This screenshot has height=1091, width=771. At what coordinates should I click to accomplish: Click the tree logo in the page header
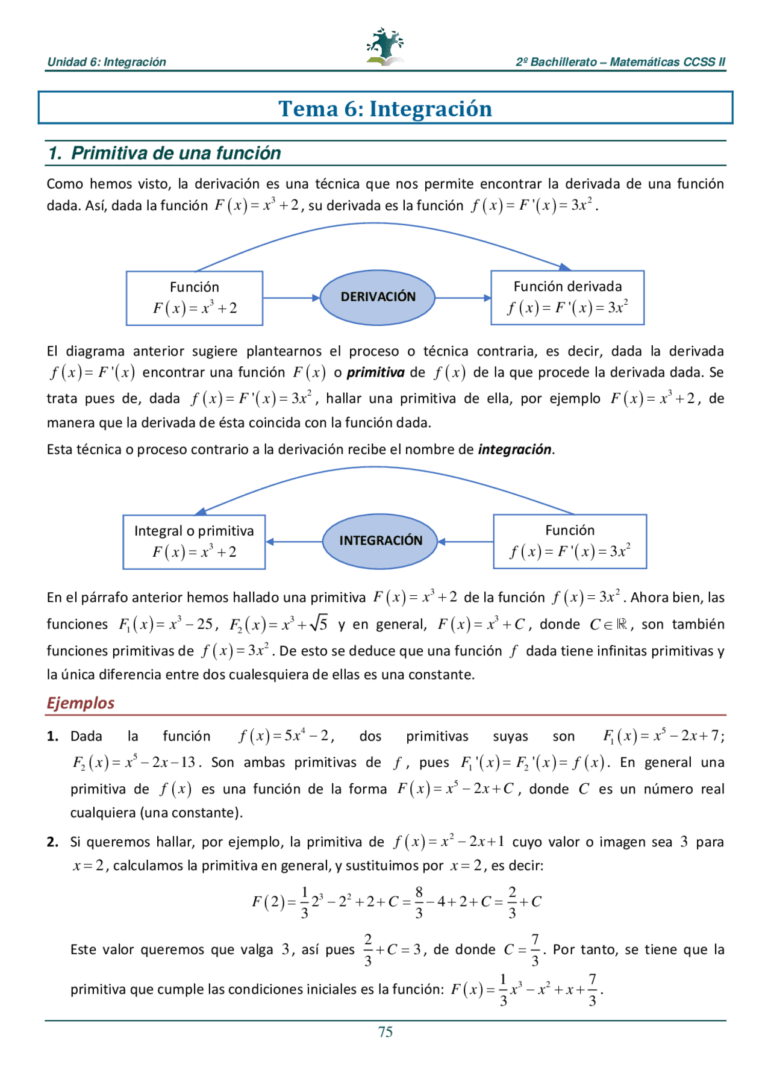coord(385,47)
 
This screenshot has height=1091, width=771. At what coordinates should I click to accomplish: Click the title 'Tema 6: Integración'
coord(385,109)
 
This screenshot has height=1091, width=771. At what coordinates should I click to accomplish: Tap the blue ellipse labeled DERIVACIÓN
coord(378,297)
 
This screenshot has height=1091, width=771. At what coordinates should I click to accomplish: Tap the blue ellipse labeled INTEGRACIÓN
coord(381,541)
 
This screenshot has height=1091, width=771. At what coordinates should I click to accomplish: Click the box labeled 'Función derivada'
coord(567,298)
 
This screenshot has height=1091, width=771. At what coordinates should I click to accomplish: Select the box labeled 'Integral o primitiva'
coord(194,542)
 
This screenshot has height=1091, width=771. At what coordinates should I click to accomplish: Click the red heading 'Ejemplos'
coord(81,703)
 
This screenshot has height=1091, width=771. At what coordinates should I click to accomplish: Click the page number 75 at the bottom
coord(385,1032)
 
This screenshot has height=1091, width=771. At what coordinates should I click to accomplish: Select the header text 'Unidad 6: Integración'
coord(107,62)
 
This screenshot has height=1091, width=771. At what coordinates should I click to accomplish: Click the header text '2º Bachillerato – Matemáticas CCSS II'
coord(620,62)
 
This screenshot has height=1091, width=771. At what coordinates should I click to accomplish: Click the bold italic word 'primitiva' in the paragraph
coord(375,373)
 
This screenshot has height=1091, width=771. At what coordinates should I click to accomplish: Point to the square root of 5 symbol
coord(319,624)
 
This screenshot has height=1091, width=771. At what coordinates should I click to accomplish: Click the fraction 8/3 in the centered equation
coord(419,902)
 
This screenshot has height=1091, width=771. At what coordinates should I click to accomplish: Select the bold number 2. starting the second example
coord(53,842)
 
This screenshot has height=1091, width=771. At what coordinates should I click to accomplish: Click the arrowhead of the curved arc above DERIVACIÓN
coord(564,267)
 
